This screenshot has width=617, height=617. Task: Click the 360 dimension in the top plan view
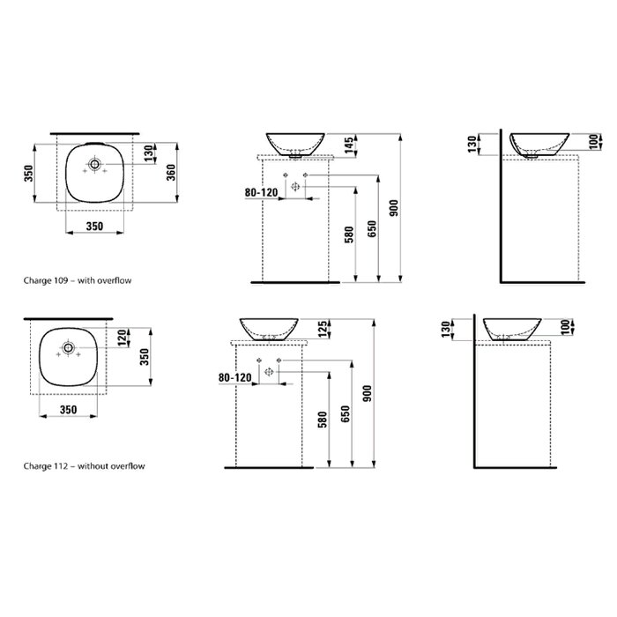click(x=171, y=173)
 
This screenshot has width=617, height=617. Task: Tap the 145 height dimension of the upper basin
click(x=349, y=146)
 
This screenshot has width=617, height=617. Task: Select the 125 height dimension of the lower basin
click(x=323, y=329)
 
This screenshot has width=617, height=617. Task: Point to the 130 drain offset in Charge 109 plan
click(x=148, y=153)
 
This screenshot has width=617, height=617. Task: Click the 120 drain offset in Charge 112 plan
click(x=122, y=338)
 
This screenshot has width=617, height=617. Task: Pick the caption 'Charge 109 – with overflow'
click(x=78, y=280)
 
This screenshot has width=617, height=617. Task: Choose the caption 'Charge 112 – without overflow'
click(x=85, y=466)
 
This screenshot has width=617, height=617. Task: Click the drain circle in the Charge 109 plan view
click(x=94, y=164)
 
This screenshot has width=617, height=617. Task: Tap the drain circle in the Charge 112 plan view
click(x=69, y=347)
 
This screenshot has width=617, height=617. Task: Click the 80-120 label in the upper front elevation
click(x=261, y=192)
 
